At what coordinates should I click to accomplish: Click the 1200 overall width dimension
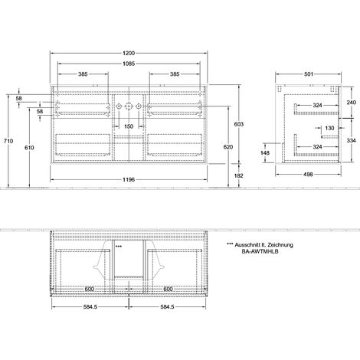tap(129, 54)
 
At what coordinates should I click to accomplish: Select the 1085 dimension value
tap(129, 64)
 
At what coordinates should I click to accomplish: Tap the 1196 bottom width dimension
tap(129, 180)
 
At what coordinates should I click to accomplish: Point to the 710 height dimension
tap(8, 141)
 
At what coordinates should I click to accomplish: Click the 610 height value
tap(29, 148)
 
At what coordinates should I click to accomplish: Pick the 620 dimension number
tap(228, 147)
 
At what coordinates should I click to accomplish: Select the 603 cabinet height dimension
tap(239, 124)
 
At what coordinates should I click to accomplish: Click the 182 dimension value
tap(239, 175)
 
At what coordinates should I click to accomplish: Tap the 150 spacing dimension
tap(129, 126)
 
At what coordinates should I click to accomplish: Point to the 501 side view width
tap(309, 74)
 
